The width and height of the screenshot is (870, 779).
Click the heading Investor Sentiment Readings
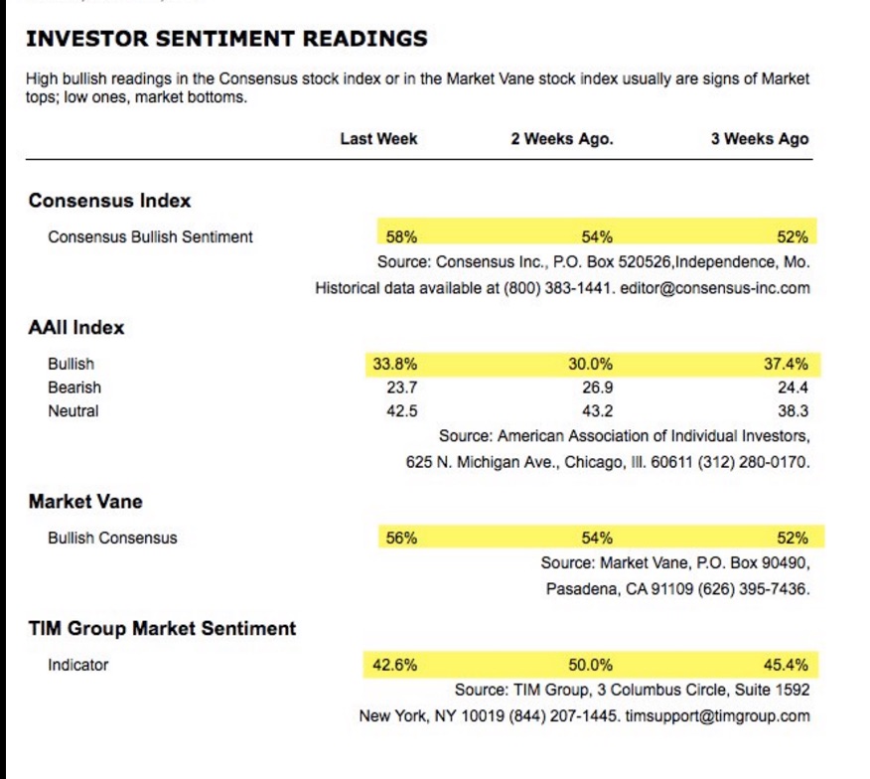click(227, 40)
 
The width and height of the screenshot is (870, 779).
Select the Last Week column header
click(378, 139)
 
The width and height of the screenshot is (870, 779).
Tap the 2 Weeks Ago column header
click(562, 139)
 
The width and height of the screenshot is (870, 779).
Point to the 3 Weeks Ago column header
click(760, 139)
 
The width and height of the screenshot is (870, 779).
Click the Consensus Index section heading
click(109, 201)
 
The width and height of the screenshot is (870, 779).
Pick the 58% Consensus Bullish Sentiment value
click(401, 236)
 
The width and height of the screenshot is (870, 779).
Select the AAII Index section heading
click(76, 328)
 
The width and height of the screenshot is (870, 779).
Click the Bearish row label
click(74, 388)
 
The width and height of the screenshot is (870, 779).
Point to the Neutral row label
click(73, 411)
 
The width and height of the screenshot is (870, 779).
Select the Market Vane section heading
click(85, 503)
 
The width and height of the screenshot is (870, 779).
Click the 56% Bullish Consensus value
click(401, 539)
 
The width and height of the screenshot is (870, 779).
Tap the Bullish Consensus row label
click(112, 539)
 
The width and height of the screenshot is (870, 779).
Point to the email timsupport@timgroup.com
click(717, 716)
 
